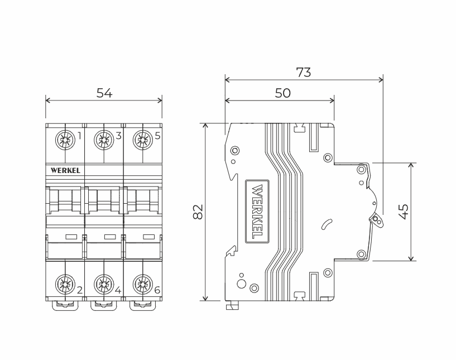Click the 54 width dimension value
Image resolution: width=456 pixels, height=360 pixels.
(x=104, y=93)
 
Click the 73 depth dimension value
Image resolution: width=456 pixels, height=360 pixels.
(x=303, y=72)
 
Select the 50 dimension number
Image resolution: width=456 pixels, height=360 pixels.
(x=282, y=93)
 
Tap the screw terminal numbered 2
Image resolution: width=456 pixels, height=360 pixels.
(x=65, y=286)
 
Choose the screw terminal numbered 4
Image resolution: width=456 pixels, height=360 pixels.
(x=104, y=286)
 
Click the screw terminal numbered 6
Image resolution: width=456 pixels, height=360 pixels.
(x=142, y=286)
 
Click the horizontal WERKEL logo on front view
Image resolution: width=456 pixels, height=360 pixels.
(x=65, y=169)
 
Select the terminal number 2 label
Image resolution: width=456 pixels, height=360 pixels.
(x=80, y=290)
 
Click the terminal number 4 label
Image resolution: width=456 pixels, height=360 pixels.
(x=118, y=290)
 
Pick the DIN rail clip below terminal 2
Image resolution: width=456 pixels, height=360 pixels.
(x=65, y=305)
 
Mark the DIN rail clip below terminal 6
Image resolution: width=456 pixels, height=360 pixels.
(x=142, y=305)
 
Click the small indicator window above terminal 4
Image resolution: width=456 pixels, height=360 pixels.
(x=110, y=237)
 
